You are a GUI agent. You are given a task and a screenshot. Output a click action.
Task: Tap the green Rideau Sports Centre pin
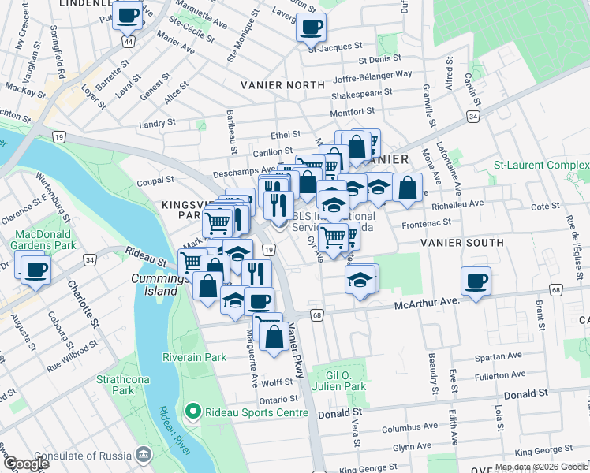tap(191, 412)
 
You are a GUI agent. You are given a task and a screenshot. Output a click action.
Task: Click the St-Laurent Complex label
tap(541, 166)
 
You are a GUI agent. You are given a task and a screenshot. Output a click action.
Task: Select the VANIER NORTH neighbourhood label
tap(284, 84)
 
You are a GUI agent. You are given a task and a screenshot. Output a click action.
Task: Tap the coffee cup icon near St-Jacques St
tap(311, 27)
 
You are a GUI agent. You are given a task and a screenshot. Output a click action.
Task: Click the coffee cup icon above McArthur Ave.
tap(476, 281)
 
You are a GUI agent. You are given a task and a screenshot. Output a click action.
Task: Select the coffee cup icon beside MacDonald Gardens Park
tap(35, 270)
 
